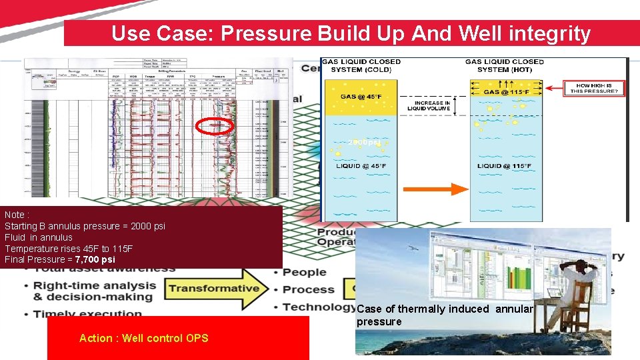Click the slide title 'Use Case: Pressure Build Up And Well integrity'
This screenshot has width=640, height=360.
tap(351, 33)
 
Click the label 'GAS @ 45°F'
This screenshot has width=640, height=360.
tap(362, 97)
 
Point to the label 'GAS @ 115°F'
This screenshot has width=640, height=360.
tap(507, 92)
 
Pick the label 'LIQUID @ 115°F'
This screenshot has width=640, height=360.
tap(505, 166)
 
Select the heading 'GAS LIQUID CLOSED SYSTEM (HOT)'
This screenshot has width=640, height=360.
tap(505, 65)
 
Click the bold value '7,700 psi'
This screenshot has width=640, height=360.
tap(95, 259)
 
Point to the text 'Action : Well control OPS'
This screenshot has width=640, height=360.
tap(143, 338)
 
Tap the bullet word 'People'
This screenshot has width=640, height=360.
tap(304, 272)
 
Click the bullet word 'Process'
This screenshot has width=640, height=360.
tap(307, 289)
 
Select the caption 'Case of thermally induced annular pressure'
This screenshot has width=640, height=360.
tap(445, 315)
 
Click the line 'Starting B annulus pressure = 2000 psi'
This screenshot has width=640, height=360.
tap(85, 226)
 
